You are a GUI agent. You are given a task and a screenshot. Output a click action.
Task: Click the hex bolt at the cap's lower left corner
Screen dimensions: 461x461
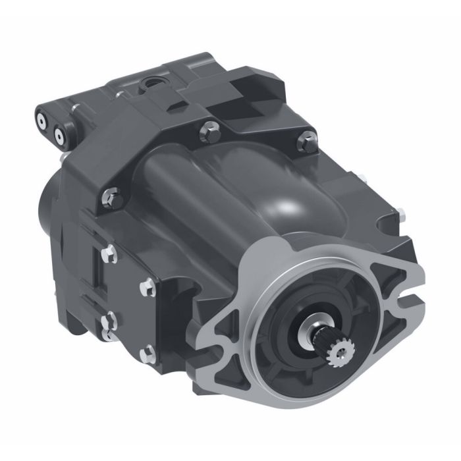111,195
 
